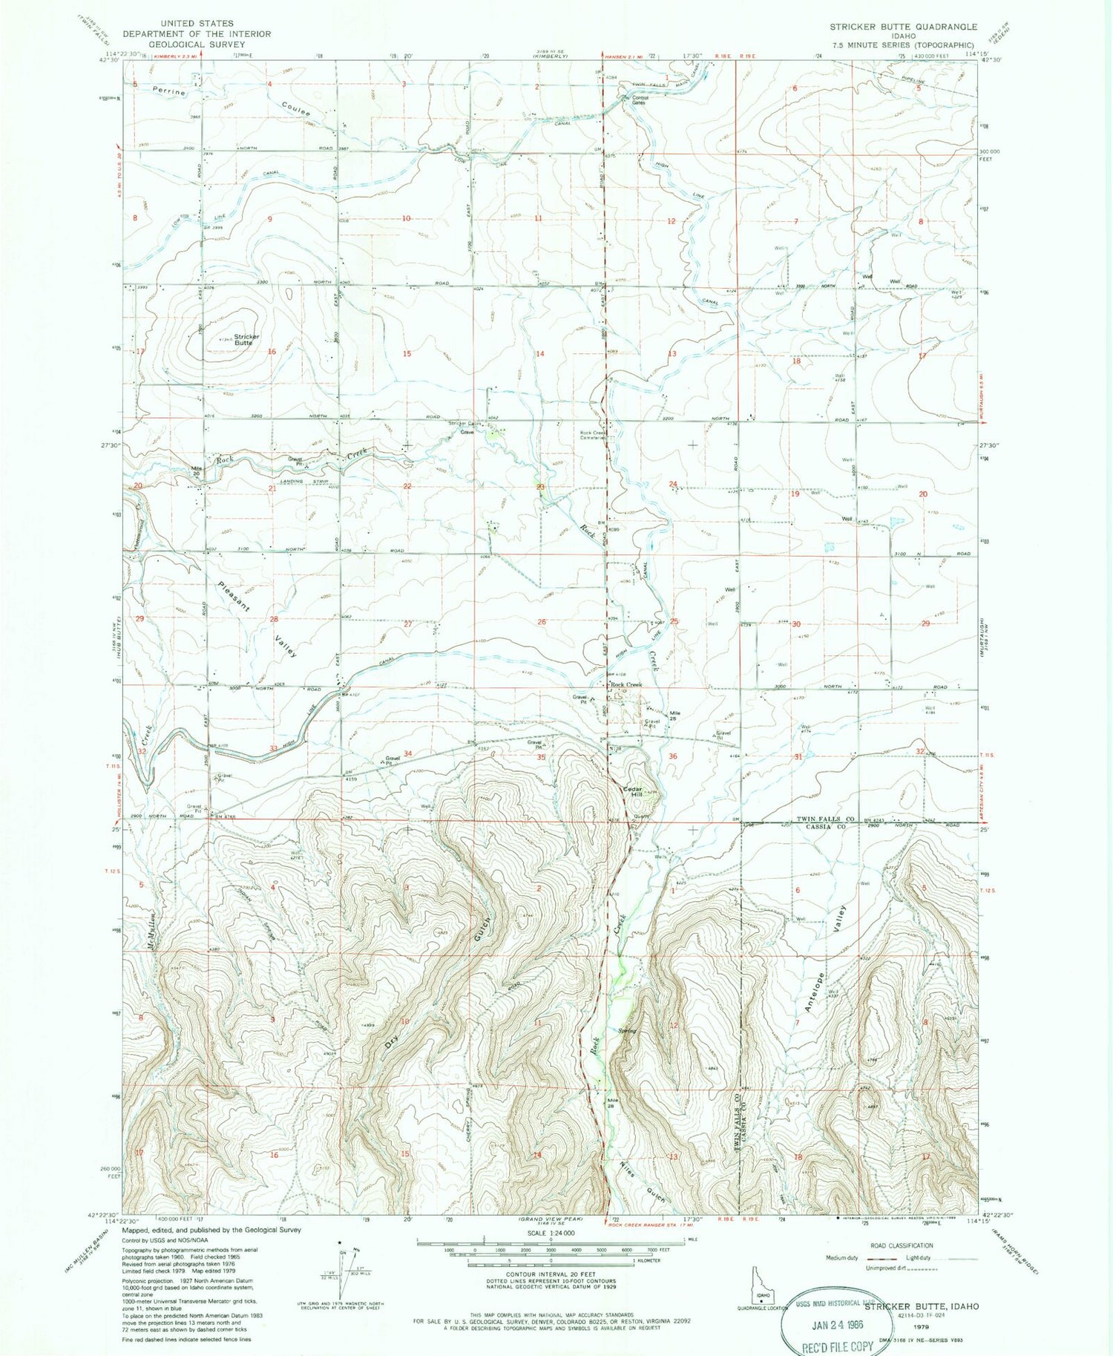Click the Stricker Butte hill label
pos(246,339)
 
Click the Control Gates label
pos(640,99)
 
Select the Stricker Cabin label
pos(465,424)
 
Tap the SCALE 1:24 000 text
pos(549,1232)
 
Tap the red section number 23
pos(541,488)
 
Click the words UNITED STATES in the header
pos(197,24)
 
